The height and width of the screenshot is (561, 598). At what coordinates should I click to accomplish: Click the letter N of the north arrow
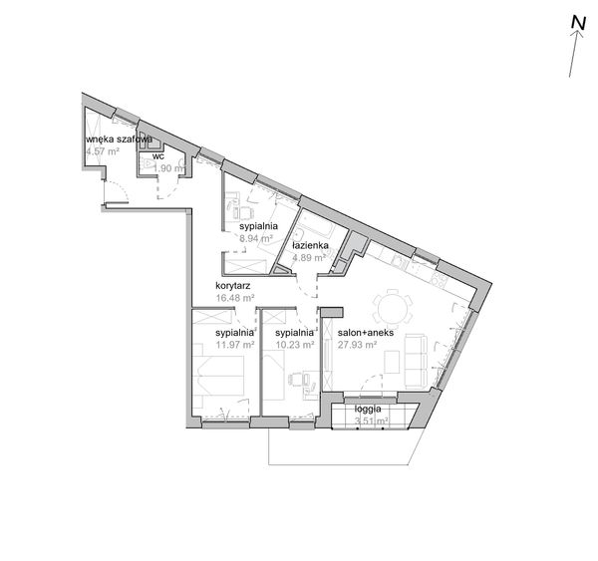tap(578, 23)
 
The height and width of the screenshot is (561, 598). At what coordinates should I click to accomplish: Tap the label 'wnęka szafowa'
tap(119, 140)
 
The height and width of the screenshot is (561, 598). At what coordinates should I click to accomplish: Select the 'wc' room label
tap(158, 156)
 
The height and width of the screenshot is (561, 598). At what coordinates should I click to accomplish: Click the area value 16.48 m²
tap(235, 298)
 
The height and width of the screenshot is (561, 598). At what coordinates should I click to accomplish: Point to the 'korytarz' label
tap(232, 286)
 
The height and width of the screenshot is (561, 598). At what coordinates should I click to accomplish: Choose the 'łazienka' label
tap(310, 245)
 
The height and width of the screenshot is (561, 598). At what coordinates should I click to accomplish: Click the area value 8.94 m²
tap(255, 239)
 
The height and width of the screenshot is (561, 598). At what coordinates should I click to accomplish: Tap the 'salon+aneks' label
tap(366, 333)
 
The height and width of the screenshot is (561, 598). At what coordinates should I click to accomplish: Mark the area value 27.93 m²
tap(358, 345)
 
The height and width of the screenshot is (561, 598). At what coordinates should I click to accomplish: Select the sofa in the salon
tap(416, 361)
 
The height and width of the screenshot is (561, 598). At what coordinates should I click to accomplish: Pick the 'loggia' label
tap(368, 410)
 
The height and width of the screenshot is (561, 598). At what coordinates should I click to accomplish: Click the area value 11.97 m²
tap(235, 345)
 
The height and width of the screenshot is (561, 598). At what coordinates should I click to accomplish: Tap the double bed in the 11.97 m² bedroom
tap(218, 376)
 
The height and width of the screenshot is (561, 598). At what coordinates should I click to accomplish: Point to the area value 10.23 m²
tap(295, 345)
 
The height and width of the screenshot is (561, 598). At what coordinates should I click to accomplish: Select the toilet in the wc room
tap(148, 164)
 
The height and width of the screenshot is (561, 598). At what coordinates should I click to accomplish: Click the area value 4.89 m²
tap(309, 258)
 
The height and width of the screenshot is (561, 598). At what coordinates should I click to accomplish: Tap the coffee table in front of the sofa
tap(392, 362)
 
